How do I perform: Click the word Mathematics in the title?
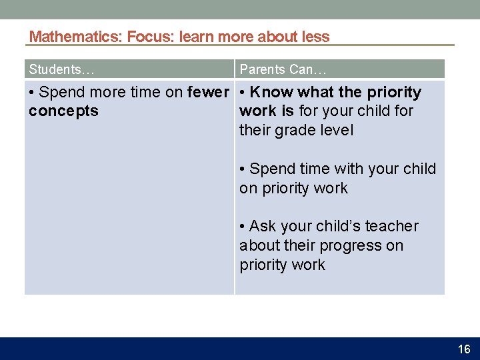point(74,37)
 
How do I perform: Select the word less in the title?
point(315,37)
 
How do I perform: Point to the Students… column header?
point(61,69)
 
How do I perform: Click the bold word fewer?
point(209,92)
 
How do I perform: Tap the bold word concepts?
point(63,111)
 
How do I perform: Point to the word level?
point(335,131)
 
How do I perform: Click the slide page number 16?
point(464,349)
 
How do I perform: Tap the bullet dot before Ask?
point(243,227)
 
